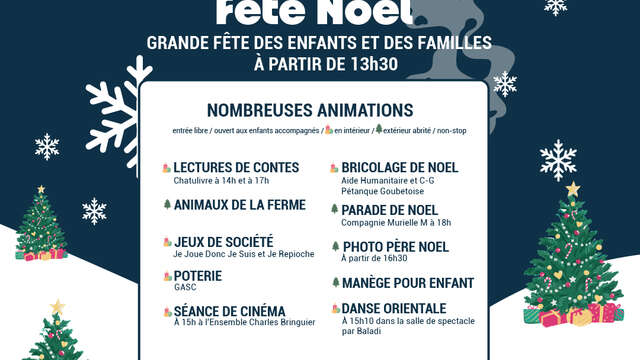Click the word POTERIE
pyautogui.click(x=197, y=275)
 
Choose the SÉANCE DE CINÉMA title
pyautogui.click(x=229, y=311)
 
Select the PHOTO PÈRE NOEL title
pyautogui.click(x=395, y=247)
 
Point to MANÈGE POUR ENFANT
pyautogui.click(x=407, y=283)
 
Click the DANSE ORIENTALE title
pyautogui.click(x=398, y=309)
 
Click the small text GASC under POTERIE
pyautogui.click(x=185, y=287)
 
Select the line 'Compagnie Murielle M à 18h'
pyautogui.click(x=396, y=222)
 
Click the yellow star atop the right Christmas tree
pyautogui.click(x=573, y=189)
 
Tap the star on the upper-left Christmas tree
pyautogui.click(x=41, y=189)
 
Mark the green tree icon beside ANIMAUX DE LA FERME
pyautogui.click(x=167, y=204)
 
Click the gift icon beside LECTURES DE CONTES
pyautogui.click(x=167, y=167)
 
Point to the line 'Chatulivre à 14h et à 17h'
pyautogui.click(x=222, y=180)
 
